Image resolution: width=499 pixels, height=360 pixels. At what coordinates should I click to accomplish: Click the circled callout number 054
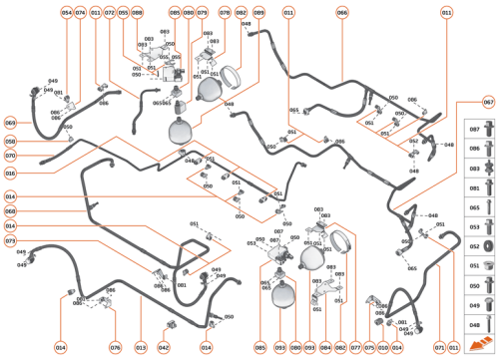pyautogui.click(x=67, y=12)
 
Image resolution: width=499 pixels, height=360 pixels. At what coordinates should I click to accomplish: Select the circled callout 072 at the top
pyautogui.click(x=110, y=12)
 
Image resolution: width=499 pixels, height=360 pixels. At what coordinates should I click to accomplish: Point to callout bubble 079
pyautogui.click(x=203, y=12)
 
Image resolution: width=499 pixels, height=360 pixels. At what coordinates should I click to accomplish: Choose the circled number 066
pyautogui.click(x=342, y=12)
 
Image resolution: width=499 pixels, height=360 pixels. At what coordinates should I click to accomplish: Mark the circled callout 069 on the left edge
pyautogui.click(x=10, y=122)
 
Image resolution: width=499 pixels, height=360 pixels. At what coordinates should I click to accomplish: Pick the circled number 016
pyautogui.click(x=10, y=173)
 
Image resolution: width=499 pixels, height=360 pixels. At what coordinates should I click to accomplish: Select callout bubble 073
pyautogui.click(x=10, y=241)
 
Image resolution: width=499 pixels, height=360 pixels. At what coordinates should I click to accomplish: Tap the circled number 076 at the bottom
pyautogui.click(x=115, y=347)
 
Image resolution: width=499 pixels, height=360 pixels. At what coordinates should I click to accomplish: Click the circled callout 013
pyautogui.click(x=141, y=347)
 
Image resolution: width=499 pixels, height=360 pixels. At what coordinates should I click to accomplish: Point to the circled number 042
pyautogui.click(x=167, y=347)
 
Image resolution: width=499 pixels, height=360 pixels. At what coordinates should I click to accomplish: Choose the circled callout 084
pyautogui.click(x=325, y=347)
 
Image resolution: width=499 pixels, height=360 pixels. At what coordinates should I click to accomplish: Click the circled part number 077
pyautogui.click(x=354, y=347)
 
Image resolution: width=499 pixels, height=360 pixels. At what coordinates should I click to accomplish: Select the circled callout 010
pyautogui.click(x=383, y=347)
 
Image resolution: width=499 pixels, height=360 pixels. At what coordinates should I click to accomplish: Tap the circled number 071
pyautogui.click(x=438, y=347)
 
